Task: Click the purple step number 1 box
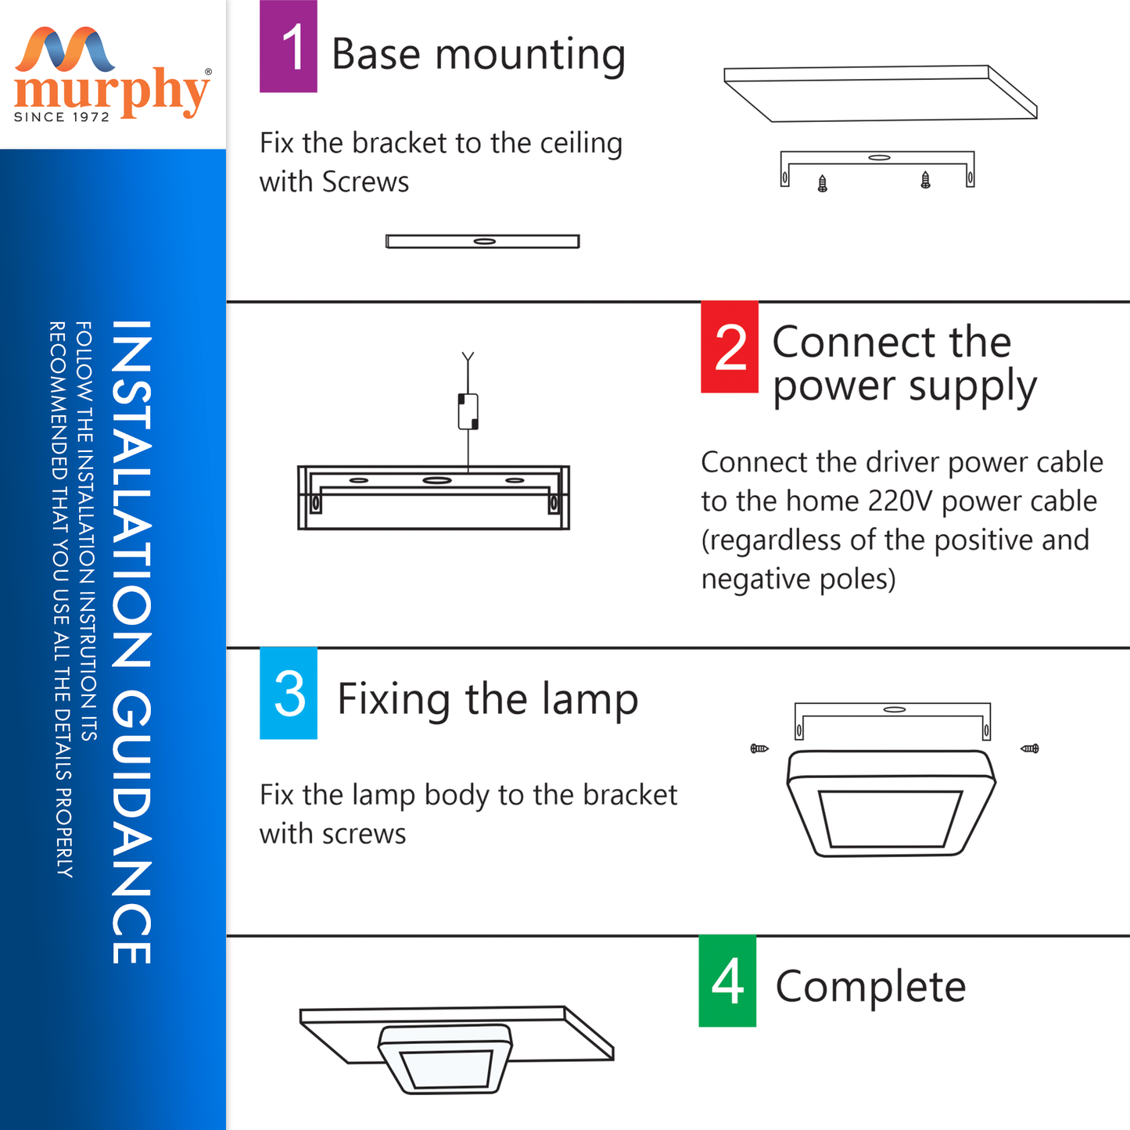click(x=289, y=46)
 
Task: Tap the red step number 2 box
click(x=730, y=346)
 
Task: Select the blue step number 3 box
click(x=289, y=693)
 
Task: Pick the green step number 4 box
click(x=727, y=981)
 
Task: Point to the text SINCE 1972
click(x=62, y=117)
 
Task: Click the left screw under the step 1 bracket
click(x=823, y=183)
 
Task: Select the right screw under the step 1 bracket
click(x=925, y=180)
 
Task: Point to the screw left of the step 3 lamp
click(x=759, y=748)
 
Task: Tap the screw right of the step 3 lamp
click(x=1030, y=748)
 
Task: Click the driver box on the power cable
click(x=468, y=411)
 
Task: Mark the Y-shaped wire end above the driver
click(x=468, y=357)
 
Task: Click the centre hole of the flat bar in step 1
click(x=484, y=241)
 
